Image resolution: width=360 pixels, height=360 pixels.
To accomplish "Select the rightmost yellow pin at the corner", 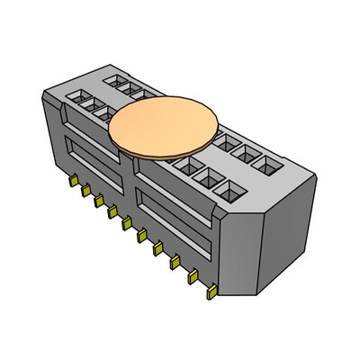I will coord(210,292).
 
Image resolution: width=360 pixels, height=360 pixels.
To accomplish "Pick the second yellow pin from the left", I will coord(85,191).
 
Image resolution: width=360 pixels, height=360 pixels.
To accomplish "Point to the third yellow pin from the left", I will coord(98,202).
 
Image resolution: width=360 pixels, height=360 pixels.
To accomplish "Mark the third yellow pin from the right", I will coord(175,263).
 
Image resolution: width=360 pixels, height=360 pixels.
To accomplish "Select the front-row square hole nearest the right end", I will coord(230,189).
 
